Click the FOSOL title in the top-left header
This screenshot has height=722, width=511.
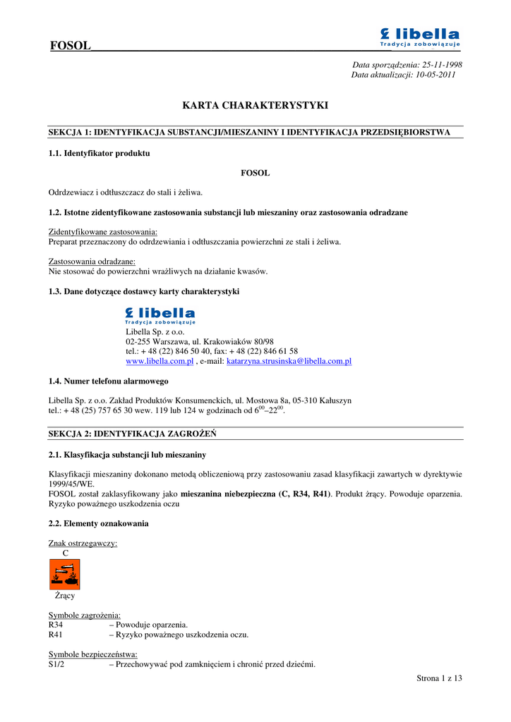point(71,46)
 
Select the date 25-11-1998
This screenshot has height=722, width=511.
point(442,64)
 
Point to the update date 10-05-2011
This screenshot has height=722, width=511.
point(435,74)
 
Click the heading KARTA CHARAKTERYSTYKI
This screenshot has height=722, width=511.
point(255,106)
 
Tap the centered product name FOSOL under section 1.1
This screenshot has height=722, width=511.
point(255,172)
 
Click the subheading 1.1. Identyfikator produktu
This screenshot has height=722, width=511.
point(99,152)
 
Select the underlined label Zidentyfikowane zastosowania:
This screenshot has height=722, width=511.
point(103,232)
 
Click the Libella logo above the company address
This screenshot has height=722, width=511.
point(160,315)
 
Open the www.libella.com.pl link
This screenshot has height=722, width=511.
point(160,361)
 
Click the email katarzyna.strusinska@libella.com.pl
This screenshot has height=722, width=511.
point(289,361)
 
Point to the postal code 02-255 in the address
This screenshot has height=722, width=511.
point(138,341)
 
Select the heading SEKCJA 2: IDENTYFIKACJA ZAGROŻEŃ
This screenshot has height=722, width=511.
point(132,433)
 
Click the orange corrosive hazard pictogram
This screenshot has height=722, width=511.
point(64,574)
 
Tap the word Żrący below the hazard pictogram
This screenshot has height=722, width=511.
point(65,596)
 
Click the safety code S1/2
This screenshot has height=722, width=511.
point(56,664)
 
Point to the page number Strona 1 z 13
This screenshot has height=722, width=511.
point(439,678)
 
